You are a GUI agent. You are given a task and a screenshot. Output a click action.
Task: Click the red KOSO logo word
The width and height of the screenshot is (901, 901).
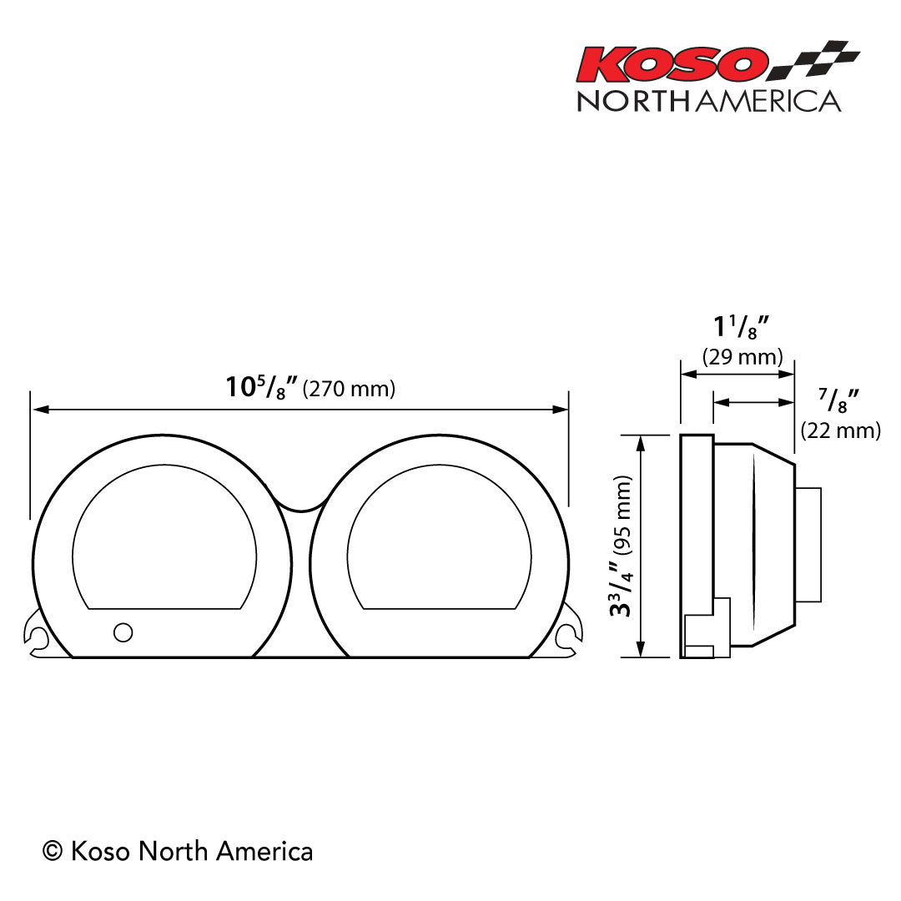(x=672, y=64)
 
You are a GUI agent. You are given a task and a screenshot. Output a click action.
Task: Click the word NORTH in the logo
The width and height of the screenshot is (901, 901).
(x=634, y=101)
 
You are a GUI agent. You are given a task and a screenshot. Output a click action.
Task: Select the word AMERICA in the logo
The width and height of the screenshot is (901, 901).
(x=768, y=101)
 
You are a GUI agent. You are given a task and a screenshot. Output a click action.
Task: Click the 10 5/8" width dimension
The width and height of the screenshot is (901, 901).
(x=261, y=388)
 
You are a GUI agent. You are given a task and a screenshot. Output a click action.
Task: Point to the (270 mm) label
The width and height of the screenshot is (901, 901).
(x=349, y=389)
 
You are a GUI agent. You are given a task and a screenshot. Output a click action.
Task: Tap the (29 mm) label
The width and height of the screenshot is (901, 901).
(x=742, y=358)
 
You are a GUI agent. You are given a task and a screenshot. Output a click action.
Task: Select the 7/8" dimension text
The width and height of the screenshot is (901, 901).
(x=839, y=400)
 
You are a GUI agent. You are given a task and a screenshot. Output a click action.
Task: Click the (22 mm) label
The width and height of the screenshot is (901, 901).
(x=840, y=430)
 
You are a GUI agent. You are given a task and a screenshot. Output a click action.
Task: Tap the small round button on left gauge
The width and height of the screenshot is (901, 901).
(x=123, y=632)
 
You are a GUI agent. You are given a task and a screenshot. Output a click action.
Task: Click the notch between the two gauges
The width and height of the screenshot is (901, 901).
(x=300, y=503)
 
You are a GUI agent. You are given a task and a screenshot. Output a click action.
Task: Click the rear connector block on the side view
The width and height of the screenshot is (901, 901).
(x=808, y=544)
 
